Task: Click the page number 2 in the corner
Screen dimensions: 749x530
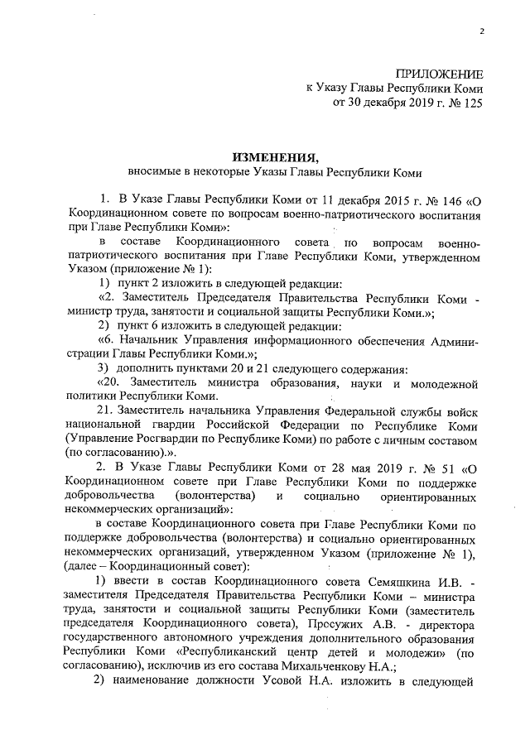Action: [x=479, y=32]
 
